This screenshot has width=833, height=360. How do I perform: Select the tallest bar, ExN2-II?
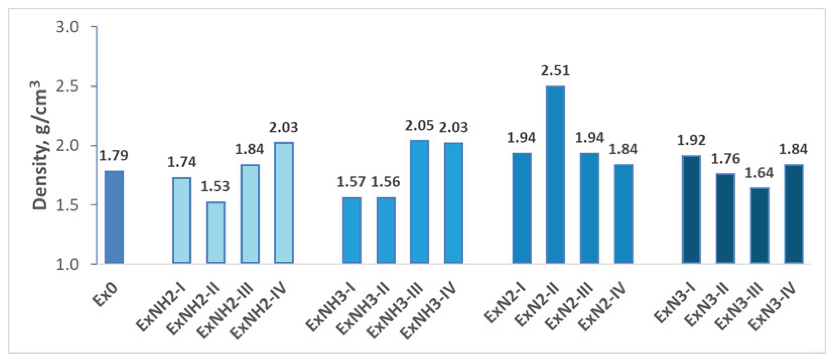pyautogui.click(x=555, y=175)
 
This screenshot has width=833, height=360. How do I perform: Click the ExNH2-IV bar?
pyautogui.click(x=283, y=202)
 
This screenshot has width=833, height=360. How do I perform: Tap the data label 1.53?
pyautogui.click(x=215, y=187)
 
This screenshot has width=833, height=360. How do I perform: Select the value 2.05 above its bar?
pyautogui.click(x=419, y=125)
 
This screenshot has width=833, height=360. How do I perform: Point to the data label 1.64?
pyautogui.click(x=759, y=173)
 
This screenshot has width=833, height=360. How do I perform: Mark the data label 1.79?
pyautogui.click(x=114, y=156)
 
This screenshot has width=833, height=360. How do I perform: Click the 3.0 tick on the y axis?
pyautogui.click(x=68, y=27)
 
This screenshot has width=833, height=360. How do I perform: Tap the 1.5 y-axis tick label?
pyautogui.click(x=68, y=205)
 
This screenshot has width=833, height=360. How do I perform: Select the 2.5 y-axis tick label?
pyautogui.click(x=68, y=87)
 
